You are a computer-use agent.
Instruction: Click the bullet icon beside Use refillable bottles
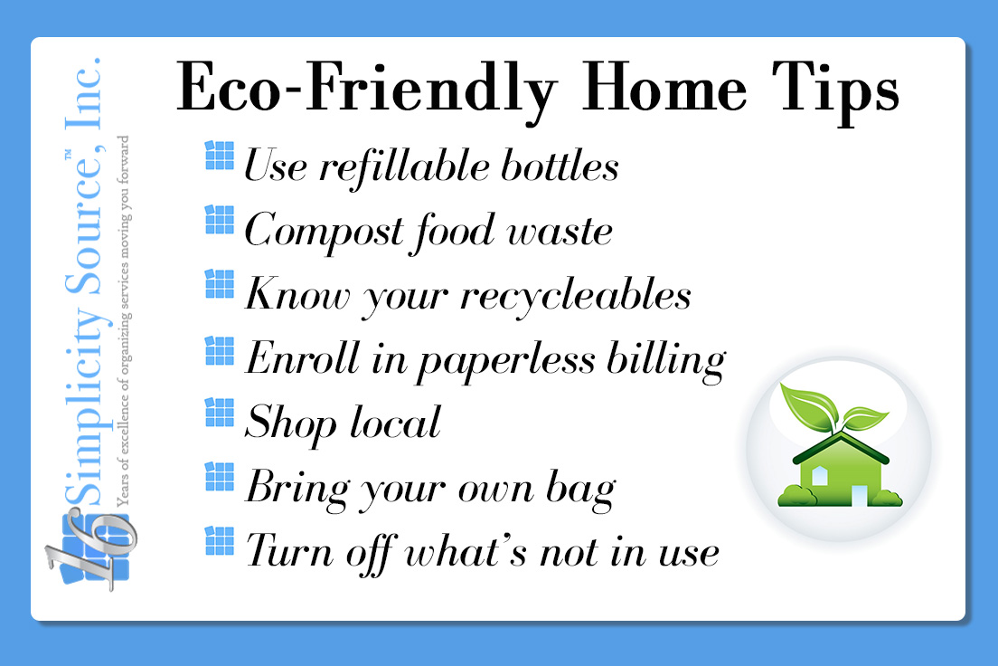(x=220, y=156)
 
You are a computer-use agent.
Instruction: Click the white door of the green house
(x=858, y=494)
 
